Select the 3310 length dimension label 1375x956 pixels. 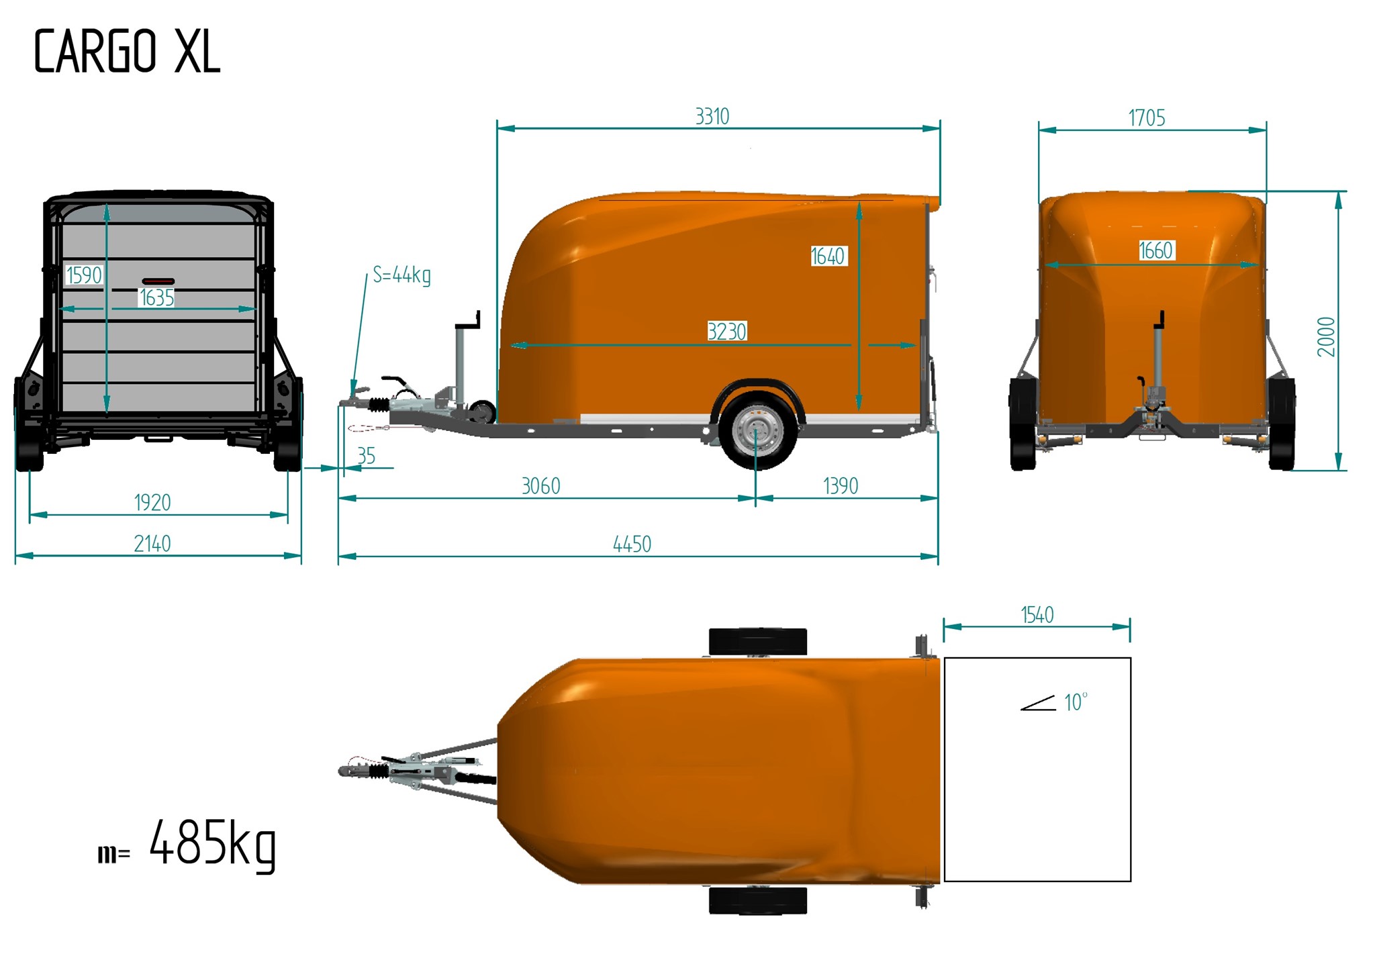(712, 116)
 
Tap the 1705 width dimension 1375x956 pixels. (1146, 118)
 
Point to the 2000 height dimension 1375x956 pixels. (1326, 336)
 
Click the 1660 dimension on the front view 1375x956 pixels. (1155, 250)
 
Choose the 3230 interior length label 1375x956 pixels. (726, 331)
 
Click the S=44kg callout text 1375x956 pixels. (401, 275)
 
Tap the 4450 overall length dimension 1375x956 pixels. (632, 544)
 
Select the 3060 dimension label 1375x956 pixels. (540, 485)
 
